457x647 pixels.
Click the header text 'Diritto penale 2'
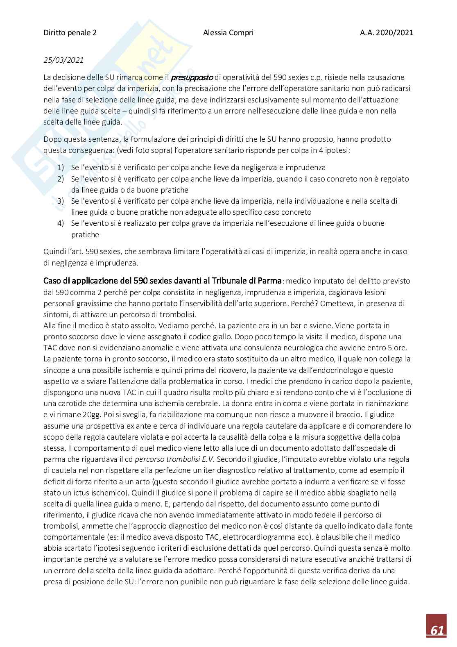(70, 33)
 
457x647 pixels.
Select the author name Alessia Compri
(228, 33)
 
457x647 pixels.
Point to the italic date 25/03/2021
(63, 60)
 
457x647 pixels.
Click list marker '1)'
(61, 168)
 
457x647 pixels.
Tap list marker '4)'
(61, 223)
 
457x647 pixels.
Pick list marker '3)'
(61, 201)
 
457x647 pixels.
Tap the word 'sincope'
(56, 370)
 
